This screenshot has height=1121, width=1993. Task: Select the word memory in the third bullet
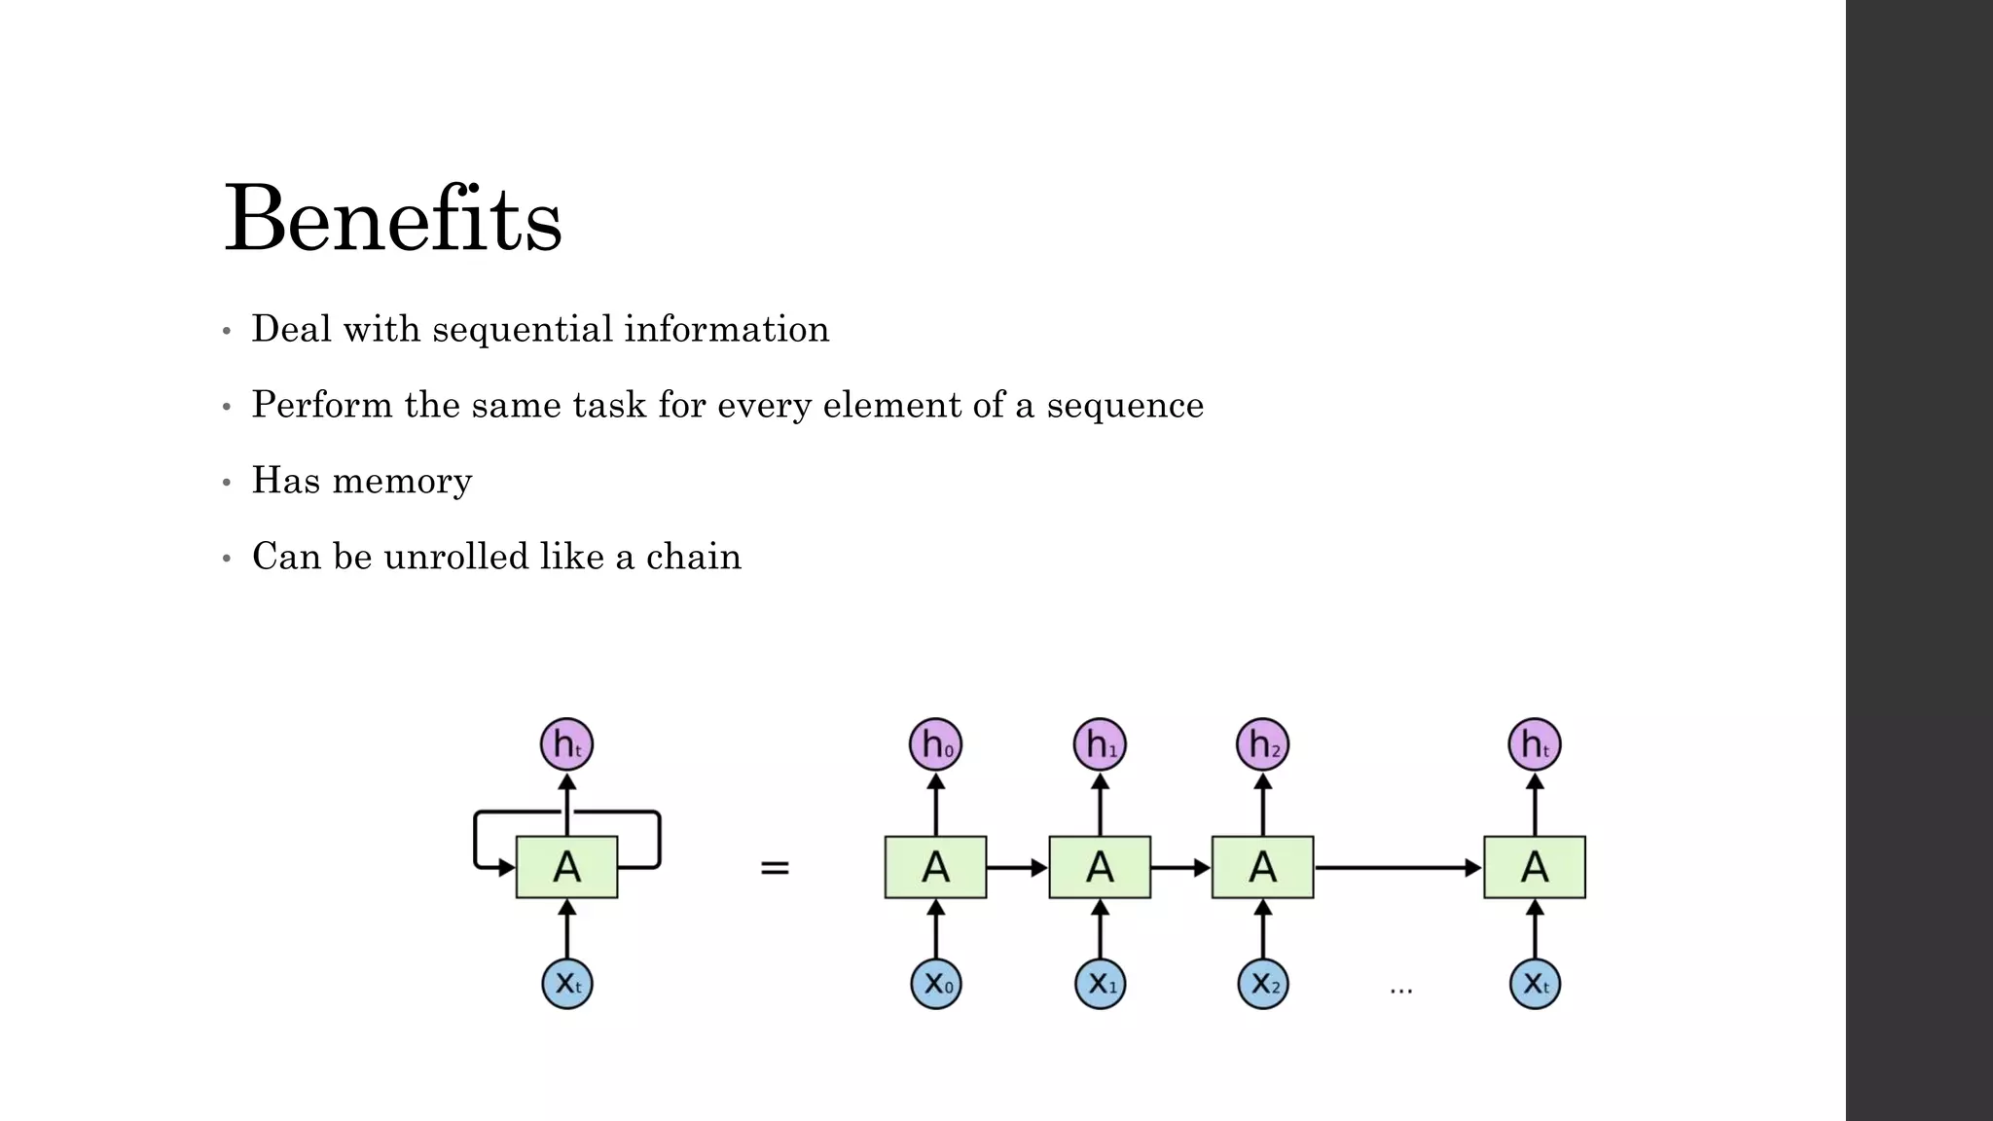point(402,481)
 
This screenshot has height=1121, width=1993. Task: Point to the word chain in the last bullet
point(693,557)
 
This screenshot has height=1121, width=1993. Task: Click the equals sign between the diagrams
point(775,867)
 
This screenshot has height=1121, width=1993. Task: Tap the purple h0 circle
point(936,745)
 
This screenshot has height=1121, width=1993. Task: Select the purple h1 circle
point(1100,745)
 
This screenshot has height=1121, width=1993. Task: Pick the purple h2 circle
point(1263,745)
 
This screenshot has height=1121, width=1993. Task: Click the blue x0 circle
point(936,984)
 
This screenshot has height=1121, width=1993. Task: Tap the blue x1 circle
point(1100,984)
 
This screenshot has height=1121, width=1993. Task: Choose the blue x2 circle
point(1263,984)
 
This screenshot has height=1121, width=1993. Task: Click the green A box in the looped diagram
point(566,867)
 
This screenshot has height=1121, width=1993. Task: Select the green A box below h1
point(1100,867)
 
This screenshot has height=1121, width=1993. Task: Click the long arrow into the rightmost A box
point(1397,867)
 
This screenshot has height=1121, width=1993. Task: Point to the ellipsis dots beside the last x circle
point(1400,991)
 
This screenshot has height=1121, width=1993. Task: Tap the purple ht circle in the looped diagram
point(566,745)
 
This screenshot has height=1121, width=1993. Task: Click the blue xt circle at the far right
point(1535,984)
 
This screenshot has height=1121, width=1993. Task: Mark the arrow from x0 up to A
point(936,928)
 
